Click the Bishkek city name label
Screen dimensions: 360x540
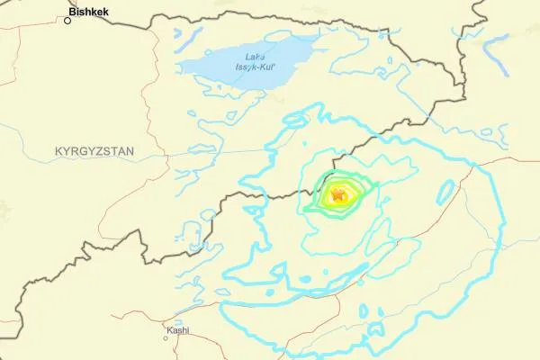[90, 13]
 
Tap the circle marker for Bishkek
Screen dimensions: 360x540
[67, 20]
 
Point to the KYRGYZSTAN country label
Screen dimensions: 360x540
[94, 151]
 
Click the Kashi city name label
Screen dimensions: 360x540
[177, 330]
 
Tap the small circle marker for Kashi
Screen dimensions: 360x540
[166, 338]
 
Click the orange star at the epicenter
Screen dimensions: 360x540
[337, 193]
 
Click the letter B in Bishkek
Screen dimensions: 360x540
[73, 13]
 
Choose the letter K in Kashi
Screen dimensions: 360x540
[168, 330]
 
